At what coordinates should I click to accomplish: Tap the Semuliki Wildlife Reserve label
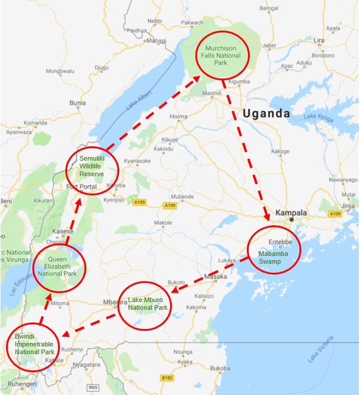(x=92, y=167)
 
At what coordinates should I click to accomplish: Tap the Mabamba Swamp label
(x=273, y=257)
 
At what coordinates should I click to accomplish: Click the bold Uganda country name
(x=266, y=113)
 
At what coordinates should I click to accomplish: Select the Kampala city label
(x=291, y=213)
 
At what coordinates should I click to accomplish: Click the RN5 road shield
(x=92, y=388)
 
